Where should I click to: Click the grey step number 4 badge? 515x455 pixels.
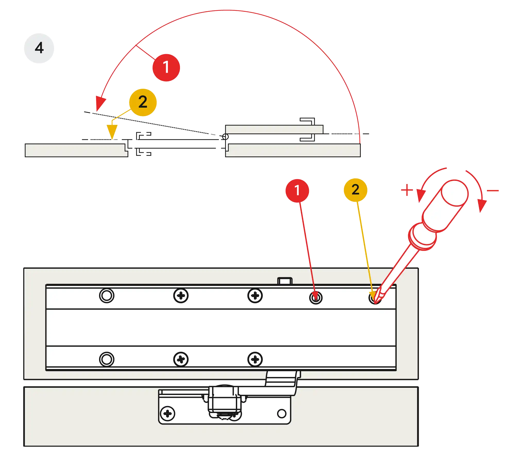click(x=39, y=48)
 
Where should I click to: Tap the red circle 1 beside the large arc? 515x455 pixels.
click(x=166, y=68)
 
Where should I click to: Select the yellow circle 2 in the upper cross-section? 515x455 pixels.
click(x=143, y=102)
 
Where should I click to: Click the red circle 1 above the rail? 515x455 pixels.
click(x=297, y=191)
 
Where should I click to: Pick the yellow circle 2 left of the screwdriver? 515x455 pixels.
click(x=355, y=190)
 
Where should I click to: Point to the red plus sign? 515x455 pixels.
click(x=407, y=190)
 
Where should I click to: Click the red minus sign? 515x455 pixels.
click(x=493, y=191)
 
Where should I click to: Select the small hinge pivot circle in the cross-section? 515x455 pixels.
click(x=225, y=137)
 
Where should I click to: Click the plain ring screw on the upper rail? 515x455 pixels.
click(x=107, y=296)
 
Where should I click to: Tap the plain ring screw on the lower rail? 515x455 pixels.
click(x=107, y=359)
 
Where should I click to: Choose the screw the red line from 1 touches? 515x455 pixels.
click(x=316, y=298)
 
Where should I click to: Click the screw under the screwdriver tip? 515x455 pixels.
click(x=375, y=298)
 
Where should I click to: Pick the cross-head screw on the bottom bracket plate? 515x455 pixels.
click(x=167, y=414)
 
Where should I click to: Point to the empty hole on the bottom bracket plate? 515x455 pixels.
click(x=282, y=414)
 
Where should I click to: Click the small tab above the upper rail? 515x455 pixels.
click(x=285, y=281)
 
